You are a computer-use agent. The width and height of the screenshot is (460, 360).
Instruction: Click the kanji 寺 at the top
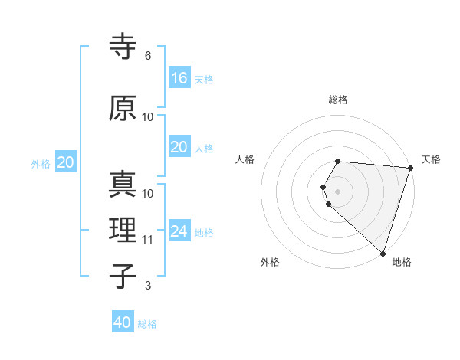pos(123,47)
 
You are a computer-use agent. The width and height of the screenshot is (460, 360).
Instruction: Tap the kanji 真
pos(123,185)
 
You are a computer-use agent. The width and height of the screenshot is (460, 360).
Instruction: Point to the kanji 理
pos(123,231)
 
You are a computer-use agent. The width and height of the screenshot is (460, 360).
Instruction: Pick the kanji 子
pos(123,277)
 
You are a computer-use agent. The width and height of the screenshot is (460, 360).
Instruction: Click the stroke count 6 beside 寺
pos(148,56)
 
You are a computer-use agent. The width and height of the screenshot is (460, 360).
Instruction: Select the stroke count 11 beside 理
pos(148,240)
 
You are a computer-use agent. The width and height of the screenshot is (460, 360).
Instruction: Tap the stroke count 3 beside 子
pos(148,286)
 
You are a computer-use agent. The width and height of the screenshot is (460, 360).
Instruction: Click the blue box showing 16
pos(179,77)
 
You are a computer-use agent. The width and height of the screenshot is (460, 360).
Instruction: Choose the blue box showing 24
pos(179,231)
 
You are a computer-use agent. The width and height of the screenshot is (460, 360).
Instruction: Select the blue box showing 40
pos(123,322)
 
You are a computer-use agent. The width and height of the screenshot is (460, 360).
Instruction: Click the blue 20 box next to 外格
pos(66,162)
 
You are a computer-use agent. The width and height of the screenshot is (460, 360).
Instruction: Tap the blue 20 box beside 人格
pos(179,147)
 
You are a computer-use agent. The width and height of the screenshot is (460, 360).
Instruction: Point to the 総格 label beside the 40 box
pos(147,324)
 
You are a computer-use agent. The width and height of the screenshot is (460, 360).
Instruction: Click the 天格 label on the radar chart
pos(431,159)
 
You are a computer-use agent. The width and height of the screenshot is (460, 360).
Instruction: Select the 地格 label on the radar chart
pos(402,262)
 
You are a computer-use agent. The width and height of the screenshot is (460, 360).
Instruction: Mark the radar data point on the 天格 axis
pos(410,168)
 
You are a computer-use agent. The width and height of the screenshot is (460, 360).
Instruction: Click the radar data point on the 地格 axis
pos(383,253)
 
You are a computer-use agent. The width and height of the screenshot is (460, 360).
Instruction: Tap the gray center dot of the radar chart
pos(338,191)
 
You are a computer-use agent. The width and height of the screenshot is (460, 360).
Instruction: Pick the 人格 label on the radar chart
pos(245,159)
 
